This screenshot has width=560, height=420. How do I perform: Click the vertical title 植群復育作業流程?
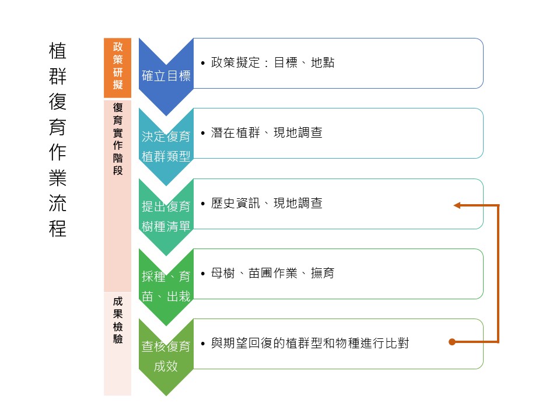(58, 139)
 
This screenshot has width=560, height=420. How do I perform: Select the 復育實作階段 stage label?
(118, 139)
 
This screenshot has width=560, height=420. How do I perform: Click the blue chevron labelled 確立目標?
(166, 75)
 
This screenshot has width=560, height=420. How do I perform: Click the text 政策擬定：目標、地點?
(272, 63)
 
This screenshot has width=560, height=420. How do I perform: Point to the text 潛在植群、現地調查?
(267, 133)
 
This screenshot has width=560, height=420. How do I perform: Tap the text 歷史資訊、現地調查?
(267, 204)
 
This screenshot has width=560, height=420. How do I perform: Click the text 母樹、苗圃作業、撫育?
(272, 273)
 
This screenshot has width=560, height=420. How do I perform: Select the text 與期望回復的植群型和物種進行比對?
(309, 344)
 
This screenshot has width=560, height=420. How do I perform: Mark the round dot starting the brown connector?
(452, 342)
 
